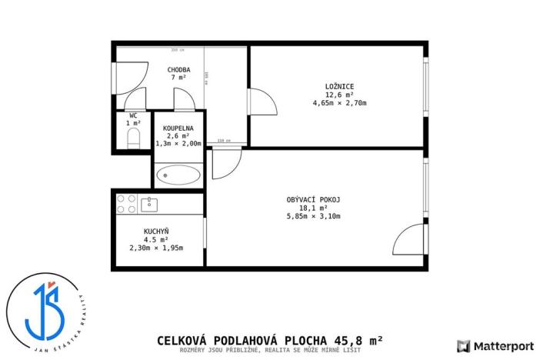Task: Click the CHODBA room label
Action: pos(179,69)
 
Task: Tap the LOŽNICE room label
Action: pos(339,85)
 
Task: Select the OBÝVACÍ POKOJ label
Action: pos(313,199)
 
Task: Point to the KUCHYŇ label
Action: pos(156,231)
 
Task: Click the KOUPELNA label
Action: pos(178,128)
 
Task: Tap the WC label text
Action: pos(133,115)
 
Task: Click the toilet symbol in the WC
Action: pos(133,138)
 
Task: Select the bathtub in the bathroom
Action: pos(178,176)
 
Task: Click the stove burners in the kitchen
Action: pos(126,204)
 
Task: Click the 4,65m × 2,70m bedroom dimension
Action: pos(339,103)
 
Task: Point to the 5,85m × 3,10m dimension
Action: pos(313,216)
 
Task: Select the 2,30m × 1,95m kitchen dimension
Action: pos(156,248)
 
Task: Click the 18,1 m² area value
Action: pos(313,208)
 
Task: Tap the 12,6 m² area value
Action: pos(339,95)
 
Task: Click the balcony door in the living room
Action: pos(409,239)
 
